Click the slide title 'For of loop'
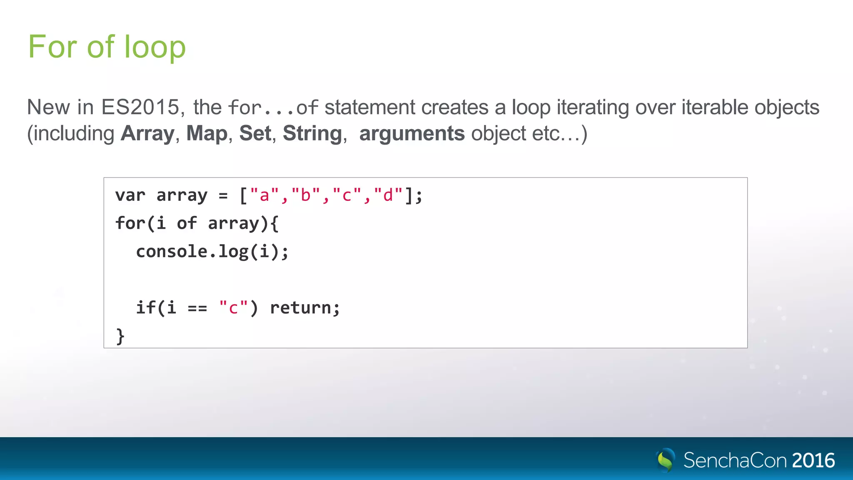click(107, 47)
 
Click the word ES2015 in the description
click(140, 107)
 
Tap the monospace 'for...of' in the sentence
click(273, 108)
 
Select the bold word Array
click(147, 134)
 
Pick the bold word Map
click(207, 134)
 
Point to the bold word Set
click(255, 134)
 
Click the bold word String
click(312, 134)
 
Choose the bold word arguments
click(412, 134)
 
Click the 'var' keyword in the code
click(130, 195)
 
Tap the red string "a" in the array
click(264, 195)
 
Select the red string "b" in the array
click(306, 195)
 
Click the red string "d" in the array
click(388, 195)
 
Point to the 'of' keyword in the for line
click(187, 223)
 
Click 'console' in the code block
click(172, 251)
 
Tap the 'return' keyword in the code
click(300, 308)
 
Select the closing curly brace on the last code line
click(120, 336)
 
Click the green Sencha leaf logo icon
click(666, 460)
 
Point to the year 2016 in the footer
click(813, 460)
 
